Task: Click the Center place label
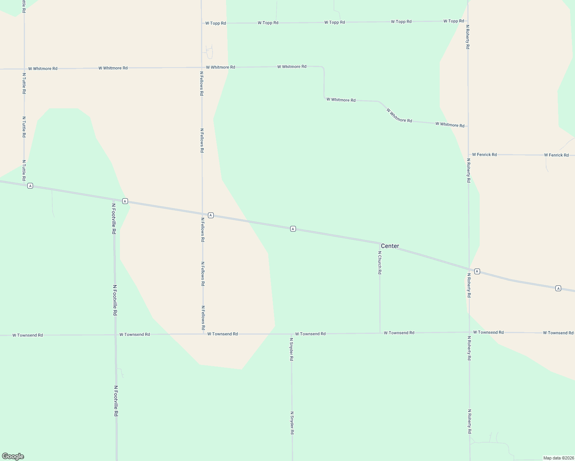390,246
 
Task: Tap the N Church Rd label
379,263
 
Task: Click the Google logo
13,456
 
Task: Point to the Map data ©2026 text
558,458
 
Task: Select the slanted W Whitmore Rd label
399,115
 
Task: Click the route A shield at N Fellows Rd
211,215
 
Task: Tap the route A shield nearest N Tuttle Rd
30,186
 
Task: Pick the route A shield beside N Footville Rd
125,201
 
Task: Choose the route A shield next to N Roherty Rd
477,271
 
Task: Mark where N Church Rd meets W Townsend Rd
380,333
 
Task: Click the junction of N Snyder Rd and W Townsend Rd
291,334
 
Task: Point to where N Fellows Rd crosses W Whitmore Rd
202,68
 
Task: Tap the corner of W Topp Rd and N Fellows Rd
202,23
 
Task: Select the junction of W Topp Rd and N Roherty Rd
468,21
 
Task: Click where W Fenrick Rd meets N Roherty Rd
468,154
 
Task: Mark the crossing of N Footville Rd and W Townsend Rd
115,335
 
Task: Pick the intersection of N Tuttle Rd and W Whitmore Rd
24,69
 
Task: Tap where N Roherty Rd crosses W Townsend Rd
469,332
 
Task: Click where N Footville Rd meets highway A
114,200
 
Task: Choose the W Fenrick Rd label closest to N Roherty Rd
484,154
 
